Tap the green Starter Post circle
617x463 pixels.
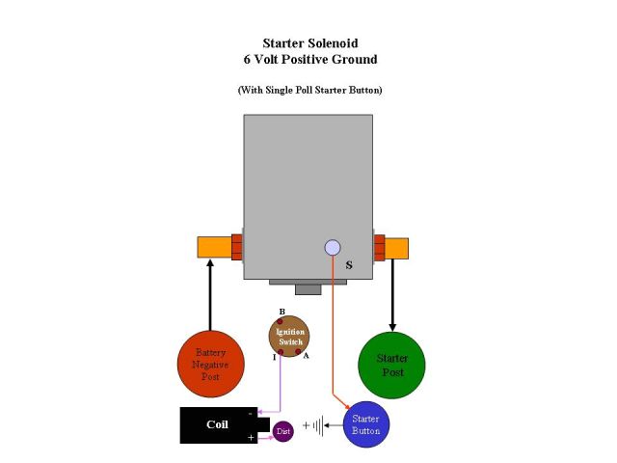[392, 366]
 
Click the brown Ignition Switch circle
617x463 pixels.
[289, 336]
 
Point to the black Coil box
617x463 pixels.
[218, 424]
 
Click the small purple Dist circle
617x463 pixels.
[283, 431]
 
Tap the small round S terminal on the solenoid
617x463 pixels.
[333, 248]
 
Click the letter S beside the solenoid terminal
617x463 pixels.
[348, 262]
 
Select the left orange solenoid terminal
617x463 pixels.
[213, 247]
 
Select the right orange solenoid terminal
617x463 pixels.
[395, 248]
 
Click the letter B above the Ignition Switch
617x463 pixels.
[282, 312]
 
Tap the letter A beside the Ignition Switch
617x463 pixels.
[306, 356]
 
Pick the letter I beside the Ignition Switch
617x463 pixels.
[274, 357]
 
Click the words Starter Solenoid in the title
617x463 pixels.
[308, 43]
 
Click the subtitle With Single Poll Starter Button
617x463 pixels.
[309, 90]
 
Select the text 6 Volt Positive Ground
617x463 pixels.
[309, 59]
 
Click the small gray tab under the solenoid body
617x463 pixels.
[308, 288]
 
